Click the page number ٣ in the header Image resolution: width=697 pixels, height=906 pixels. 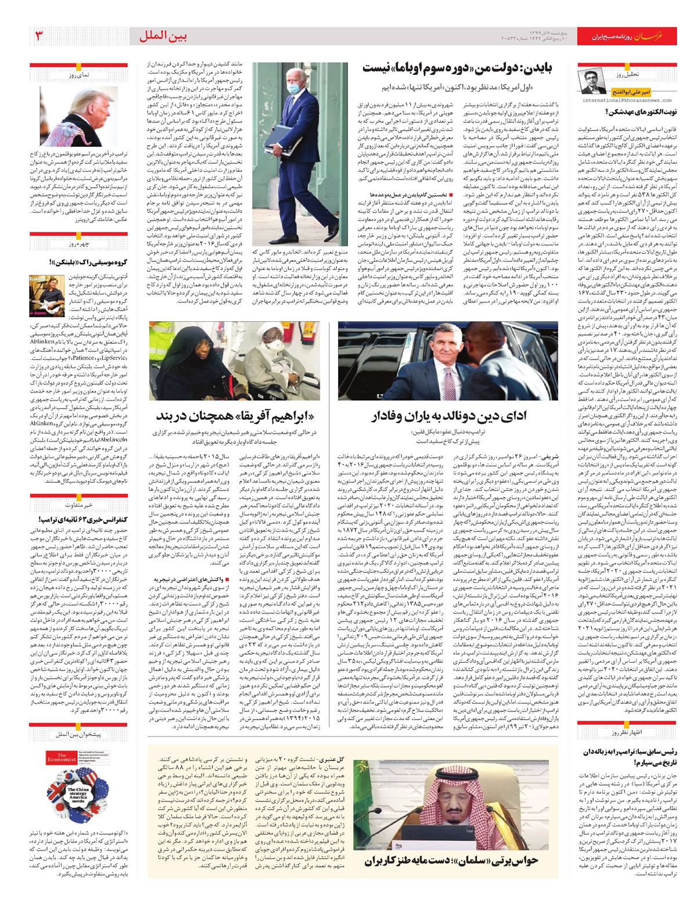[x=39, y=36]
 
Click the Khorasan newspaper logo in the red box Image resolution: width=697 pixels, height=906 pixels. [x=659, y=37]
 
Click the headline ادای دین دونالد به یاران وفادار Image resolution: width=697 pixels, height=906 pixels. [x=448, y=415]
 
